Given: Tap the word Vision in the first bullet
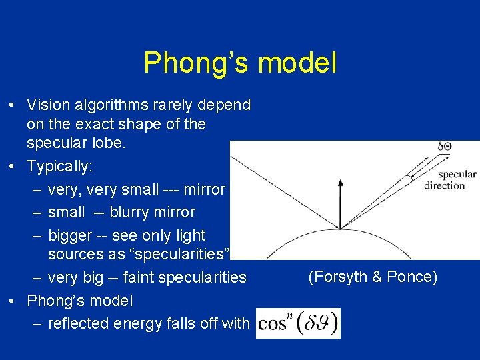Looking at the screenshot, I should [x=49, y=105].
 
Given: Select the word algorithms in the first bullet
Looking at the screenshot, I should [x=111, y=105].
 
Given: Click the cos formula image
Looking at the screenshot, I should [x=298, y=323].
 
